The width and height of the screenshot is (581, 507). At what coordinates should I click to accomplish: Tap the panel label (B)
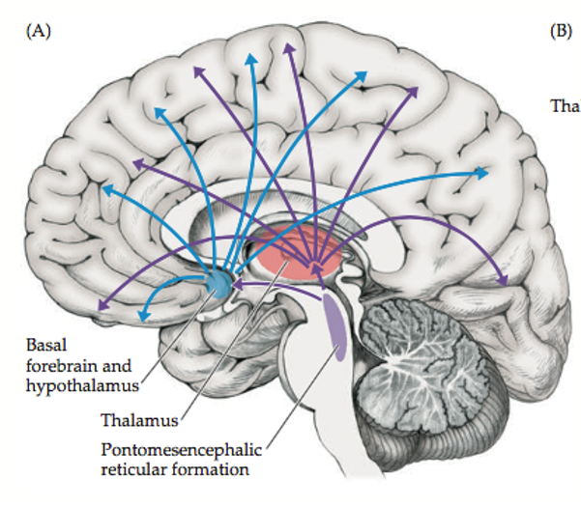click(562, 30)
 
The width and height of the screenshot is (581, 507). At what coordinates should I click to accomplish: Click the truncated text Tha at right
click(565, 104)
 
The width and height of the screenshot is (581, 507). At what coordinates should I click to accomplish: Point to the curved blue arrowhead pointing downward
click(145, 315)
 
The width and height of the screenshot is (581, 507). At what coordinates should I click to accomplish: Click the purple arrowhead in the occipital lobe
click(504, 281)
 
